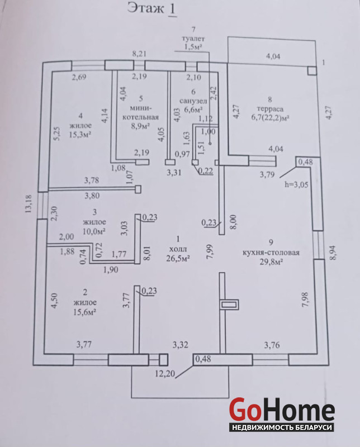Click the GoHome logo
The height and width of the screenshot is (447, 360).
click(282, 411)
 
